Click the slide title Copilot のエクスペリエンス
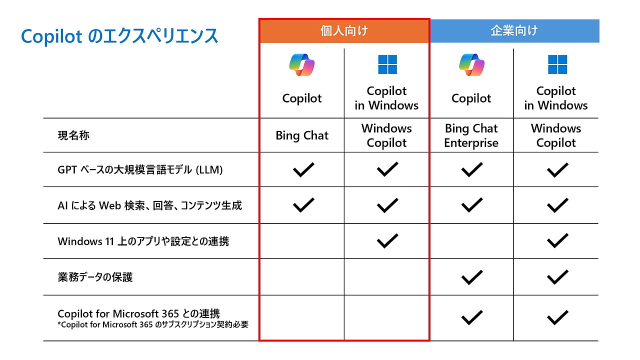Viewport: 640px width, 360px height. [119, 36]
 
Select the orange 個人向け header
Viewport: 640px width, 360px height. [344, 31]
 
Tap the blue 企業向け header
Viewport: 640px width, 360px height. [514, 31]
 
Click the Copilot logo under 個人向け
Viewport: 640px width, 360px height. [302, 64]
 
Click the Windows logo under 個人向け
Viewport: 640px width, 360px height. [387, 64]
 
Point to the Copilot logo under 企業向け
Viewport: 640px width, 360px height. [471, 64]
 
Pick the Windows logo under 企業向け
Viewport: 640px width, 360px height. [557, 64]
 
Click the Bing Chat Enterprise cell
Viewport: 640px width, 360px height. [471, 135]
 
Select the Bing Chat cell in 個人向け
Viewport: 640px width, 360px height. [302, 135]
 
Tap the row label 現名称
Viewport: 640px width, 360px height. [73, 135]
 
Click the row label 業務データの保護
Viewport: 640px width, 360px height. [95, 277]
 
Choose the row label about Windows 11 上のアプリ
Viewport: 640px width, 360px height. [143, 241]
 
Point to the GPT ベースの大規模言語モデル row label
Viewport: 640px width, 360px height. [140, 170]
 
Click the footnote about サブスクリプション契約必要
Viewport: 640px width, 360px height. [153, 324]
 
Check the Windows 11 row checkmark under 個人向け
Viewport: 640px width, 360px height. [387, 241]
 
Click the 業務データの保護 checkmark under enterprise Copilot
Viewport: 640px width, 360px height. [471, 277]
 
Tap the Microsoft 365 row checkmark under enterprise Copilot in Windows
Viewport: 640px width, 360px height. [557, 317]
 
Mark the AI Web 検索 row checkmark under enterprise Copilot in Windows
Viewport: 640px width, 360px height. [557, 205]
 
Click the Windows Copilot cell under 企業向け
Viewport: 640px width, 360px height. [556, 135]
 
